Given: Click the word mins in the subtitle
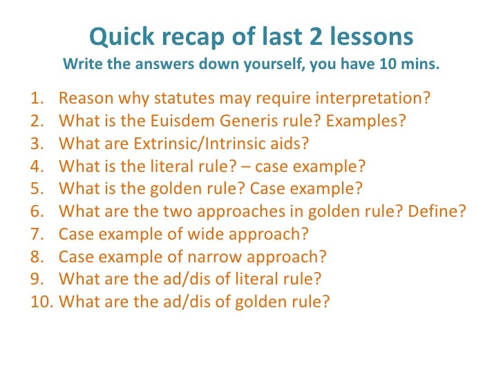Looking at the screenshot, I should click(421, 66).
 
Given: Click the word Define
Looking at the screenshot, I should click(439, 212).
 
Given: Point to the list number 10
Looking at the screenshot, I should click(42, 302).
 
